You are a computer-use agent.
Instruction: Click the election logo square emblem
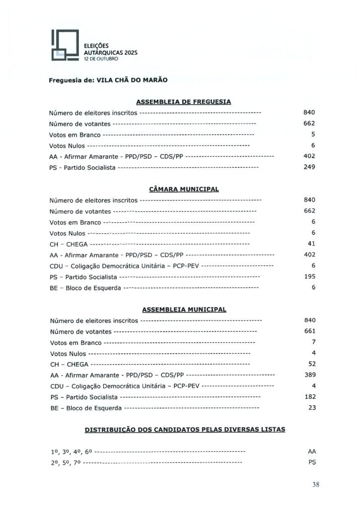[x=65, y=45]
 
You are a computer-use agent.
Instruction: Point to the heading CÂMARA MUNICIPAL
[x=184, y=189]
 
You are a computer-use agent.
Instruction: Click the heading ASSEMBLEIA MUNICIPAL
[x=184, y=310]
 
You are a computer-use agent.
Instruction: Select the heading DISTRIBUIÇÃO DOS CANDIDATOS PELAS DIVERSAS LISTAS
[x=185, y=430]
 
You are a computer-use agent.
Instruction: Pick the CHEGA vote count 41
[x=312, y=244]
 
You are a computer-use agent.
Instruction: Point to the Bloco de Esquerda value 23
[x=312, y=407]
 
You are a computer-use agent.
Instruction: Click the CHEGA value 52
[x=312, y=364]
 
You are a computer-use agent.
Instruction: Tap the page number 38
[x=315, y=485]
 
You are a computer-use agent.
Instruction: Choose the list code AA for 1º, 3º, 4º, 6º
[x=312, y=451]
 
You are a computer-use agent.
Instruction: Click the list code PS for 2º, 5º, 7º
[x=312, y=462]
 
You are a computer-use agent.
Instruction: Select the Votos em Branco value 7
[x=313, y=342]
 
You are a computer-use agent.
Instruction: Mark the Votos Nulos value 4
[x=313, y=353]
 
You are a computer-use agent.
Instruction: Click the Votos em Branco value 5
[x=313, y=134]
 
